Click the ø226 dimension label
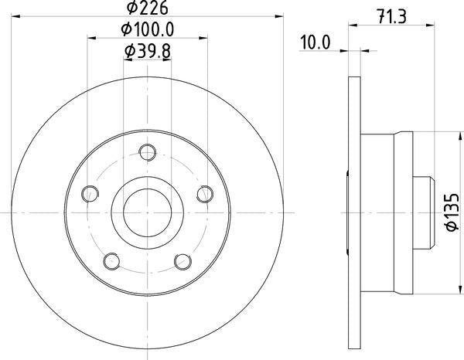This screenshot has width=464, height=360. click(148, 8)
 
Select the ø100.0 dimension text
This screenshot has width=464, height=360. click(148, 29)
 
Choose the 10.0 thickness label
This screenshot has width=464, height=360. click(315, 42)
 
